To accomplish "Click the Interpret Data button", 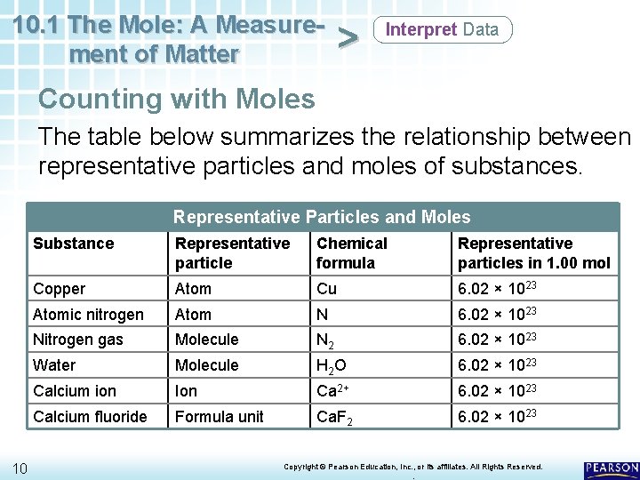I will [x=442, y=29].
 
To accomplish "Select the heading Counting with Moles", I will [x=177, y=98].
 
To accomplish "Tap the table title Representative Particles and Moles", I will [x=322, y=217].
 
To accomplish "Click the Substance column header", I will [x=74, y=244].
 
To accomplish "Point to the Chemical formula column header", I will [x=352, y=252].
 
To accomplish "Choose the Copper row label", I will [x=60, y=289].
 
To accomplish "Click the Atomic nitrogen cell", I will [x=88, y=314].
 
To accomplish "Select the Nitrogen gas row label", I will [x=78, y=340].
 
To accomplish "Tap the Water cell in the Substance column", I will [x=54, y=365].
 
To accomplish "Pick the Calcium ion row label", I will [x=75, y=391].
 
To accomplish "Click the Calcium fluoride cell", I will [x=90, y=416].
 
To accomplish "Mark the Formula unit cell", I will [x=220, y=416].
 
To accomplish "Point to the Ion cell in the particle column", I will [x=187, y=391].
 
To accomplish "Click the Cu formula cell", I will [x=326, y=289].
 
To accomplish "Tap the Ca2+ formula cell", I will [x=334, y=391].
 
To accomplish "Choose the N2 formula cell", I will [x=325, y=340].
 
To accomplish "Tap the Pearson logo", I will [x=612, y=468].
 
